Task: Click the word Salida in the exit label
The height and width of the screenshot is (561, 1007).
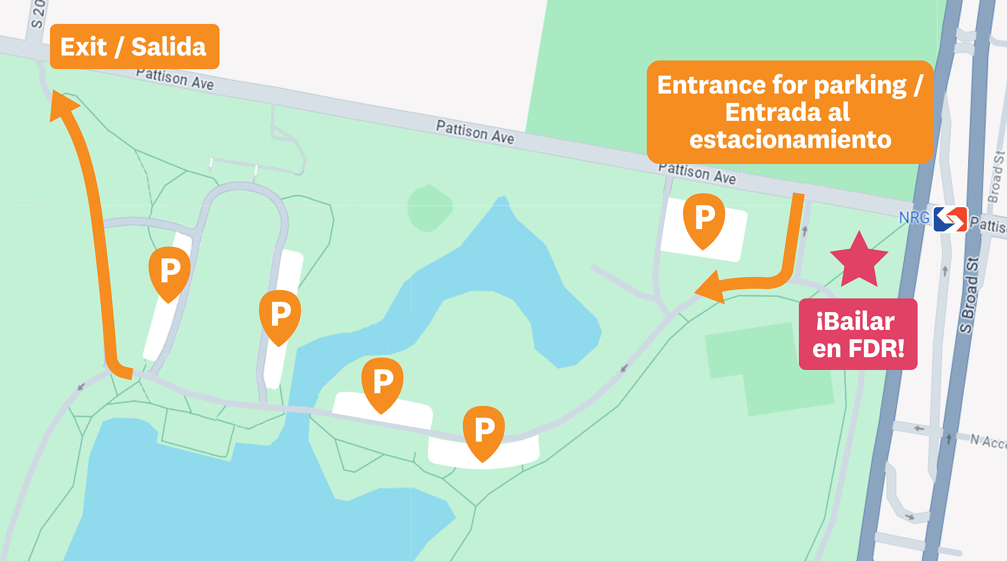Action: [x=169, y=47]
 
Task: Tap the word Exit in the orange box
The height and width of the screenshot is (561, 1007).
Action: [x=83, y=47]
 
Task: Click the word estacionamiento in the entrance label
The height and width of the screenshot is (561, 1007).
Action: [x=790, y=139]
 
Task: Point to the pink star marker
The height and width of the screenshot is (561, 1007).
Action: [x=859, y=261]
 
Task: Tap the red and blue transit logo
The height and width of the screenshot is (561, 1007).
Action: [x=950, y=219]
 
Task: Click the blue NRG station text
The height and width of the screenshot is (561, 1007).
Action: [x=914, y=218]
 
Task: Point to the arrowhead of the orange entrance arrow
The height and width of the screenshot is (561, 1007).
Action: [x=710, y=288]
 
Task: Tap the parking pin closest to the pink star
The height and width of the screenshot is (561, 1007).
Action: [x=704, y=219]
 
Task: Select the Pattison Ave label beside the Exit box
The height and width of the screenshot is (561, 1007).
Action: [x=175, y=79]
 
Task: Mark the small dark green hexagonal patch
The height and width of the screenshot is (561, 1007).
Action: [x=429, y=208]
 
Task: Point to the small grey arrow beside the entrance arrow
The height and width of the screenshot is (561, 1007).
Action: [x=805, y=231]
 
